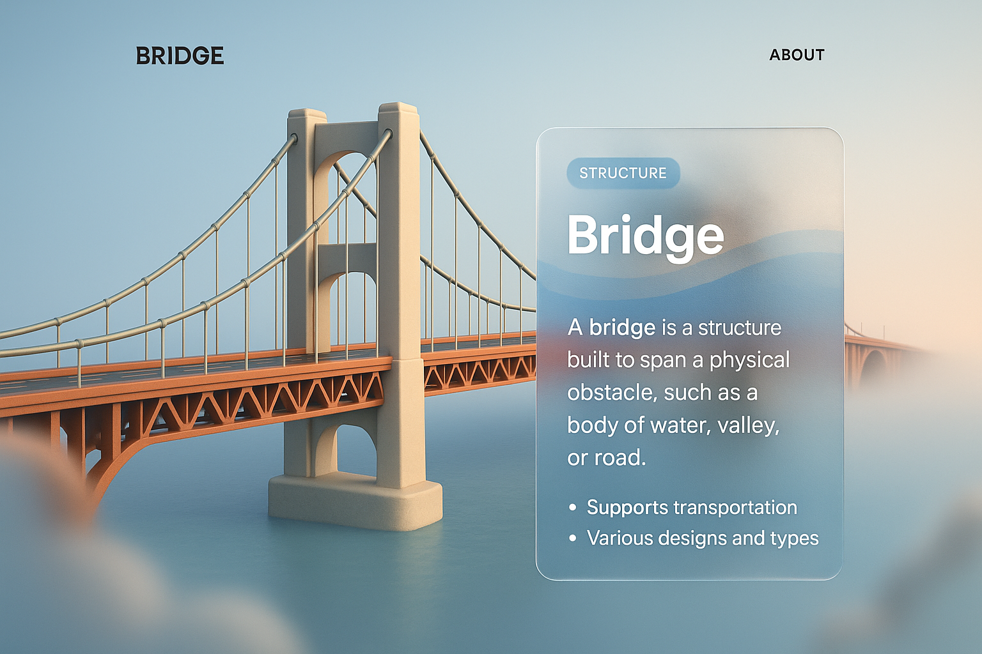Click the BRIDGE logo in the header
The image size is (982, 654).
click(180, 56)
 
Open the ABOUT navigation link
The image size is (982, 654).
click(797, 55)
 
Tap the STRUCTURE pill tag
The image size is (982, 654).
click(623, 173)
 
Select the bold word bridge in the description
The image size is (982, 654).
click(622, 328)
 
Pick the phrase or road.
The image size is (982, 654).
click(606, 458)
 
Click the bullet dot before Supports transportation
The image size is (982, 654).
click(572, 508)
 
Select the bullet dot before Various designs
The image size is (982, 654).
click(572, 538)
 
